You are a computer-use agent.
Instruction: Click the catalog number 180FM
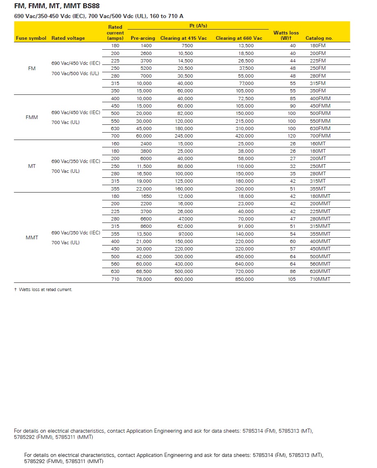tap(318, 46)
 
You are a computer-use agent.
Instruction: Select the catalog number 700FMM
tap(320, 136)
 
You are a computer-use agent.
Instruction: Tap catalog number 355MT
tap(318, 189)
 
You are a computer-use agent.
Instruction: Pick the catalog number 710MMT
tap(320, 279)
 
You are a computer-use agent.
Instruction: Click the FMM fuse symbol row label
tap(32, 117)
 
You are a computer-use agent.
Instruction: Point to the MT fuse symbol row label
tap(32, 166)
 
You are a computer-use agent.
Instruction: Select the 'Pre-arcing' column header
tap(143, 38)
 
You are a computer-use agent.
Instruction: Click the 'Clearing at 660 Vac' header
tap(239, 38)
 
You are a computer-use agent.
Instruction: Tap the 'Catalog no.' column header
tap(319, 38)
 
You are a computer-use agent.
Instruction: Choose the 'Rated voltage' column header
tap(68, 38)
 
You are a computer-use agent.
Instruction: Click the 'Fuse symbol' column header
tap(31, 38)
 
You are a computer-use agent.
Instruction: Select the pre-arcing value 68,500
tap(144, 272)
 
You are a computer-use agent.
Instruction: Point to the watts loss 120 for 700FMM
tap(291, 136)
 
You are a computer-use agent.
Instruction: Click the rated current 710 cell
tap(115, 279)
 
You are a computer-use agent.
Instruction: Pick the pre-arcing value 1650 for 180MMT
tap(146, 196)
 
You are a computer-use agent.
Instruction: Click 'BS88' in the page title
tap(89, 6)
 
